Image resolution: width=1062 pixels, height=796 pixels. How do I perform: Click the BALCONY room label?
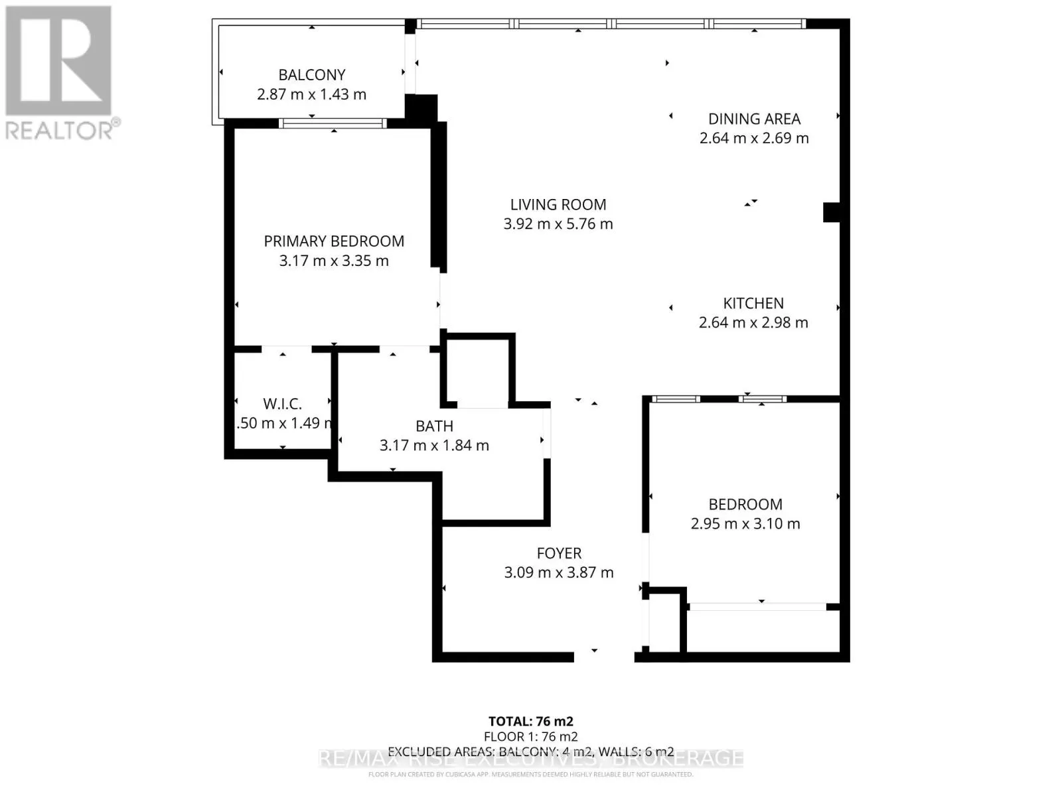311,75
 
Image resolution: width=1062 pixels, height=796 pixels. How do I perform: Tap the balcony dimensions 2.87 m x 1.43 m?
311,94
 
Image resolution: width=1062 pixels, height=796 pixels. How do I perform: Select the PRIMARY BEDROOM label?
334,241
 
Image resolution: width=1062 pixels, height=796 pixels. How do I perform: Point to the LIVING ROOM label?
558,205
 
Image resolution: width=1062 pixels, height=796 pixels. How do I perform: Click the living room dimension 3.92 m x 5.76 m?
558,224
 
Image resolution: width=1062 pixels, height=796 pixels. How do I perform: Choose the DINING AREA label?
754,119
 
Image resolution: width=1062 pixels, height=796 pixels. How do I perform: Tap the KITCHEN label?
753,304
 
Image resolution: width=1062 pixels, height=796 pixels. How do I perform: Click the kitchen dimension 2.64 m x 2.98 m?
753,323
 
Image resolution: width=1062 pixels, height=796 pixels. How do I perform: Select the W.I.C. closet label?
282,404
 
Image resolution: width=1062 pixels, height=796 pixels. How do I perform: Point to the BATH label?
434,427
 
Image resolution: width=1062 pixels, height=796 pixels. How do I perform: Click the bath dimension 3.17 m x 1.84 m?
434,446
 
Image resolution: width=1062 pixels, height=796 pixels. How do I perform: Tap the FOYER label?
559,553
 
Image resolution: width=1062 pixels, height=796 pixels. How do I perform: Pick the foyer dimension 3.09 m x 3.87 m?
559,572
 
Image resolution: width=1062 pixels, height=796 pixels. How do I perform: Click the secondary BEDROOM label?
745,505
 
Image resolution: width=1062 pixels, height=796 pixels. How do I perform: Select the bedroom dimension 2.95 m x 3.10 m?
745,524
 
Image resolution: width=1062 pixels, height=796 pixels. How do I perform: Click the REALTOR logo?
60,73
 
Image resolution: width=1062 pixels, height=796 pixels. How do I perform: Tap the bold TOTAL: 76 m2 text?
531,722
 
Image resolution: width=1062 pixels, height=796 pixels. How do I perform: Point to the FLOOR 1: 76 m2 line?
531,737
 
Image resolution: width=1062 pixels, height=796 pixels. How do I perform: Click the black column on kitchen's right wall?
832,212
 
